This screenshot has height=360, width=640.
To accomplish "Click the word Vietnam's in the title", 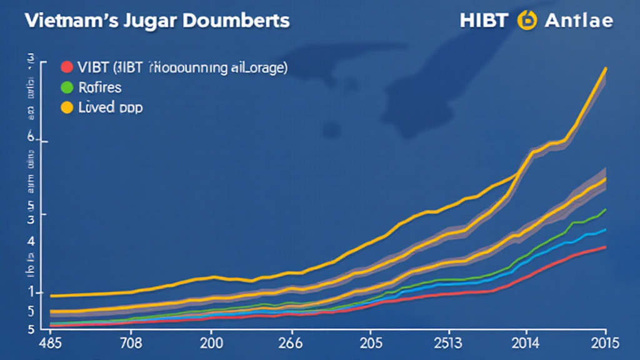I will coord(60,20).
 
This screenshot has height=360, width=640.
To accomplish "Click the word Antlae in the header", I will coord(579,21).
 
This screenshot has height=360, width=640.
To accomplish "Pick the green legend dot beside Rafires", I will coord(66,87).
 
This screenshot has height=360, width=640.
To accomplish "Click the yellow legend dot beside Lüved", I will coord(66,107).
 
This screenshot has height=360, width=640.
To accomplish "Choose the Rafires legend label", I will coord(100,87).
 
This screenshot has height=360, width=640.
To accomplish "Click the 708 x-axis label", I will coord(131,343).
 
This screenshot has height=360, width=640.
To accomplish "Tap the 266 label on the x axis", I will coord(289,343).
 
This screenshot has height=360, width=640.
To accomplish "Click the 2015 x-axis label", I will coord(603,343).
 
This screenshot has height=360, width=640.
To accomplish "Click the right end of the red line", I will coord(606,247).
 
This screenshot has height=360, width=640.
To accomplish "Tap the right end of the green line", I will coord(606,209).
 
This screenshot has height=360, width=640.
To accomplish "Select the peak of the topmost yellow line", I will coord(606,68).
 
